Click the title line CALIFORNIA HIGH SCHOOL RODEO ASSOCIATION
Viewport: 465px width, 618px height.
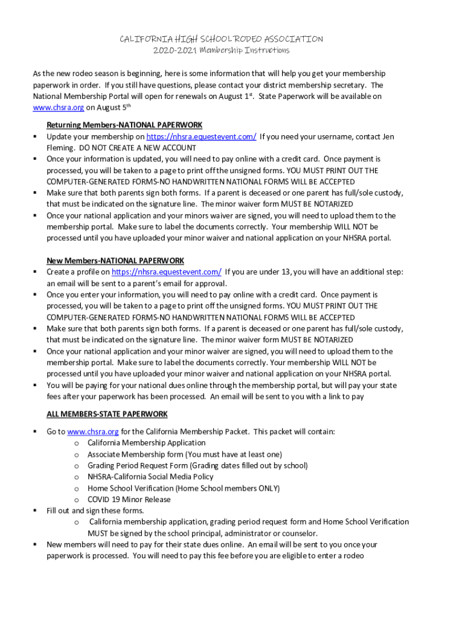point(222,39)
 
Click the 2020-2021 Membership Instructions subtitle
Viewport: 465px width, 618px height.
point(222,50)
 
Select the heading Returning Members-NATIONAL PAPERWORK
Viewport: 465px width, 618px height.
point(124,125)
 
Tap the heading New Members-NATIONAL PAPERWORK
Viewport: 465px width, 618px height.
point(115,261)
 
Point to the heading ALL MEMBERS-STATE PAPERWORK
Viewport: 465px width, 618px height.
point(107,414)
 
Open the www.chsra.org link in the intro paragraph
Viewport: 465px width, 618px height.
point(58,108)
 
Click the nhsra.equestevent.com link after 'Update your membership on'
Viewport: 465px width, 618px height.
point(201,136)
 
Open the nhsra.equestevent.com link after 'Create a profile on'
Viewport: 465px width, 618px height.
point(167,272)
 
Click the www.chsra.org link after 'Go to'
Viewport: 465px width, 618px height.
point(93,432)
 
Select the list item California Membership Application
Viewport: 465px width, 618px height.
point(146,443)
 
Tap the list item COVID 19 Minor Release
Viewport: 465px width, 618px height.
point(129,500)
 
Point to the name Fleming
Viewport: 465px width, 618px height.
point(60,148)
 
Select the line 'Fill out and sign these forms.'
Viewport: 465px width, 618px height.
point(95,511)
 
